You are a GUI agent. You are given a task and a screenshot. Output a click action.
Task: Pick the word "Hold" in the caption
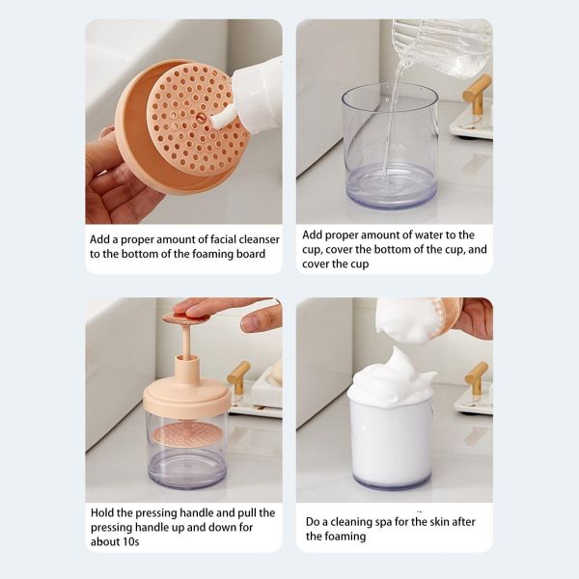(105, 512)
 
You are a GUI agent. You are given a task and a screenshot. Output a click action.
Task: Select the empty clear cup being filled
(390, 145)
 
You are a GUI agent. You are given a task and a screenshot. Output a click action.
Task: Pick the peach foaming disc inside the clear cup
(186, 434)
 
